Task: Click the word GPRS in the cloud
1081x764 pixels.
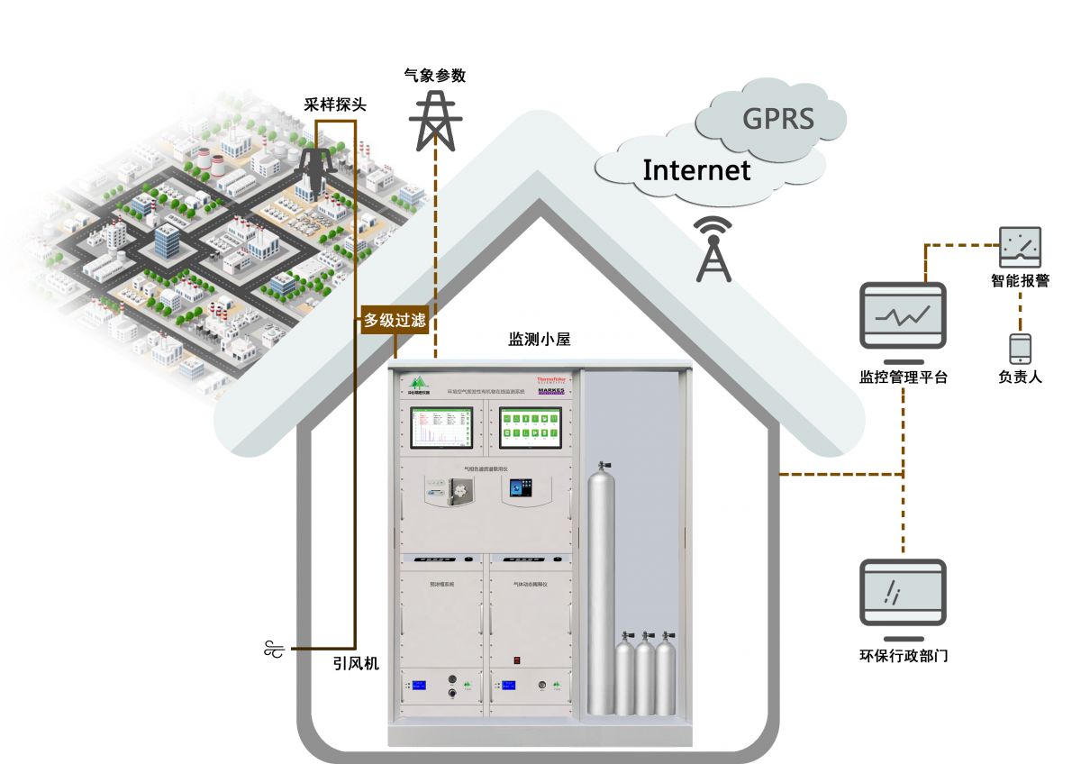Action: [777, 119]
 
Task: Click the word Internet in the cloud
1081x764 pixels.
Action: [696, 169]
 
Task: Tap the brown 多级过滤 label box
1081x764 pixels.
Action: [395, 320]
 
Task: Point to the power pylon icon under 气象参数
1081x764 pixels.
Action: [435, 122]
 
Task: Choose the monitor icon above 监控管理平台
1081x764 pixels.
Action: [903, 315]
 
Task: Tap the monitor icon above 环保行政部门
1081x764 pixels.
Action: [903, 592]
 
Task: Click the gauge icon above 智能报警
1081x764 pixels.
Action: [1020, 247]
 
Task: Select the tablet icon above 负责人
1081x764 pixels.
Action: [1020, 349]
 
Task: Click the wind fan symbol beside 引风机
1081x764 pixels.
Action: [274, 648]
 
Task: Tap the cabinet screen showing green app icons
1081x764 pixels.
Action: [531, 427]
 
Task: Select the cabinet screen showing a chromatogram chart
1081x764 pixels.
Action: [441, 427]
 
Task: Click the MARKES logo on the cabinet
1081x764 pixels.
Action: [550, 392]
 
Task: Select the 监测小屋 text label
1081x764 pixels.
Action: [540, 340]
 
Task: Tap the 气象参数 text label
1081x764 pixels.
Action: [435, 76]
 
